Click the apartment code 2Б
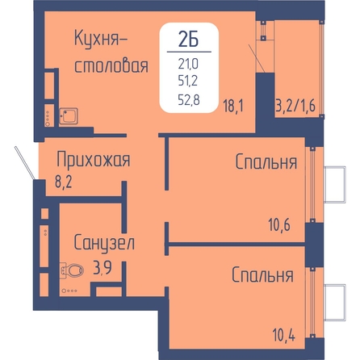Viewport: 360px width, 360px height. tap(189, 40)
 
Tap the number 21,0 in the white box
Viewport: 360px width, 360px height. tap(188, 65)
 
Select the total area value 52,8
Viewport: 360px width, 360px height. tap(189, 100)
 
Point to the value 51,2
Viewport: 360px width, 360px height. tap(188, 81)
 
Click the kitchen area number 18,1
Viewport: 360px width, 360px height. tap(233, 106)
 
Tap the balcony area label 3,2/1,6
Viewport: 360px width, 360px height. tap(295, 106)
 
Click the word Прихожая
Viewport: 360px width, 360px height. tap(94, 161)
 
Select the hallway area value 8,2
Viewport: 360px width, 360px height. tap(64, 182)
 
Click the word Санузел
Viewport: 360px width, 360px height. tap(104, 243)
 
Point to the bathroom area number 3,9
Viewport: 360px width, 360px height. tap(103, 268)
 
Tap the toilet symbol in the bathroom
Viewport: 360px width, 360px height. tap(72, 270)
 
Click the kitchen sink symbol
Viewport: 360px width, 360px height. tap(69, 116)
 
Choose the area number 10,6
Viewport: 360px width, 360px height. tap(279, 224)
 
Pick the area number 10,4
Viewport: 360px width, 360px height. tap(284, 335)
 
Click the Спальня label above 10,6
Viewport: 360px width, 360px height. tap(266, 161)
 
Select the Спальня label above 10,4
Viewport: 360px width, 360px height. tap(262, 274)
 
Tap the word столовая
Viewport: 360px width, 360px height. tap(111, 65)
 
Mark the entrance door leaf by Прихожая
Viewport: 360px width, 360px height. tap(25, 163)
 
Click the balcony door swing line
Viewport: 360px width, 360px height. tap(257, 59)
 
